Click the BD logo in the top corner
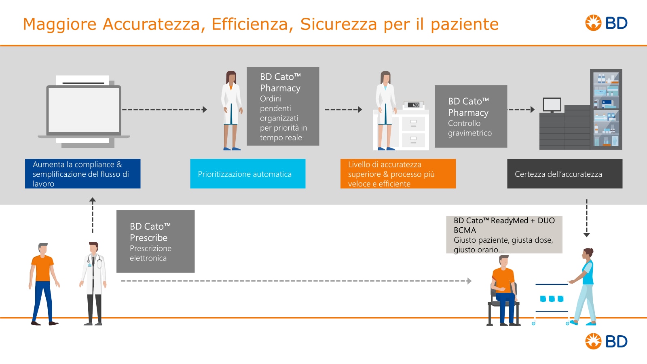606,23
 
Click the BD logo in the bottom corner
606,341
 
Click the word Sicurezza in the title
338,24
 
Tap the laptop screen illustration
84,110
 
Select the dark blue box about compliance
82,174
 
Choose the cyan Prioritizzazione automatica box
247,174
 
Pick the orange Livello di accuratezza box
398,174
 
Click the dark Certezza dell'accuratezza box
565,174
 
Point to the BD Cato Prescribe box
155,241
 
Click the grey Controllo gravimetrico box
471,116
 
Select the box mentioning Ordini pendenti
283,106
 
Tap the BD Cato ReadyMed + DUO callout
504,235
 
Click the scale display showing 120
414,105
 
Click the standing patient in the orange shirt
43,283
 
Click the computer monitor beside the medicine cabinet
552,105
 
